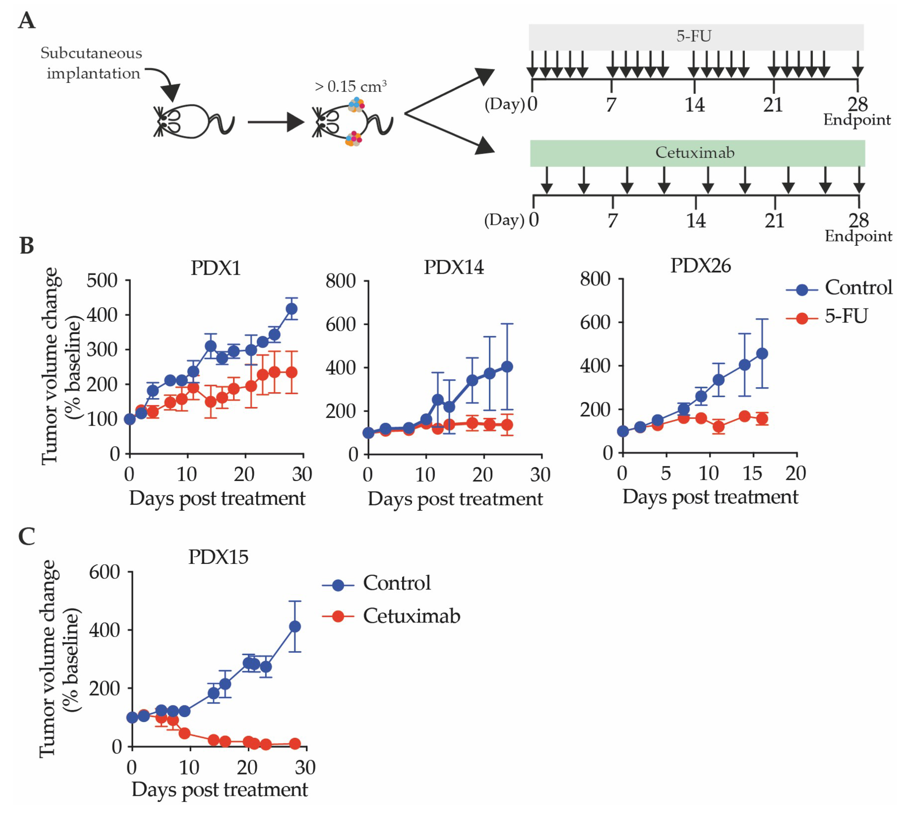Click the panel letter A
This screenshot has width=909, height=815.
pyautogui.click(x=27, y=21)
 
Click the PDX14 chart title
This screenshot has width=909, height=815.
pyautogui.click(x=454, y=267)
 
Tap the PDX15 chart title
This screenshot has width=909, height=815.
pyautogui.click(x=218, y=557)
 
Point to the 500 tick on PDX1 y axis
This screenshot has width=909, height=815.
pyautogui.click(x=102, y=281)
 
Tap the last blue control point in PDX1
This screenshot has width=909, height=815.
pyautogui.click(x=292, y=309)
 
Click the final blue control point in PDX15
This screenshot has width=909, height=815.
pyautogui.click(x=295, y=627)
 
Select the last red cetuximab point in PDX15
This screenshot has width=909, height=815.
pyautogui.click(x=295, y=744)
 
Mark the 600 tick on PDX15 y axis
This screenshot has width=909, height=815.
pyautogui.click(x=104, y=572)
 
